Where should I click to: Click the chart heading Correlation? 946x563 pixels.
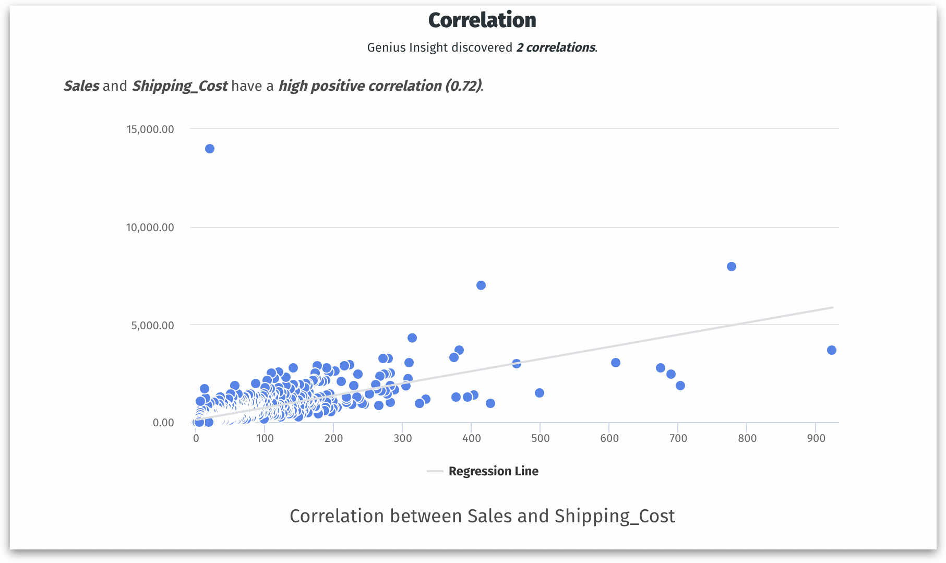482,20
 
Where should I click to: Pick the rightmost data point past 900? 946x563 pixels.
831,350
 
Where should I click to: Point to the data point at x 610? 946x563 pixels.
616,363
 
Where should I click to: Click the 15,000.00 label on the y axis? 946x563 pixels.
150,129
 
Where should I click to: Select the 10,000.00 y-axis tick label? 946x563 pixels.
150,227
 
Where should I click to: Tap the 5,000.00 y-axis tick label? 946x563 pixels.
152,326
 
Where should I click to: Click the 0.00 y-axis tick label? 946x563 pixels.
163,423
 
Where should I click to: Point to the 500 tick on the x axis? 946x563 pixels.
540,438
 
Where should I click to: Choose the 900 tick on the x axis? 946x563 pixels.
816,438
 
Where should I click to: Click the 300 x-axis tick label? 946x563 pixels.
402,438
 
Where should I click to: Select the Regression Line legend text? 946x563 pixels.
493,471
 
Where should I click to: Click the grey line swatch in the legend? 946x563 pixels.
435,471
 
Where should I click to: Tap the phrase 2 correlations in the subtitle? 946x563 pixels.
556,47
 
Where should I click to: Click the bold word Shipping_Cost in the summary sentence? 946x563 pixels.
179,86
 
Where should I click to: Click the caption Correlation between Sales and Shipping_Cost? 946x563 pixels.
482,516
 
